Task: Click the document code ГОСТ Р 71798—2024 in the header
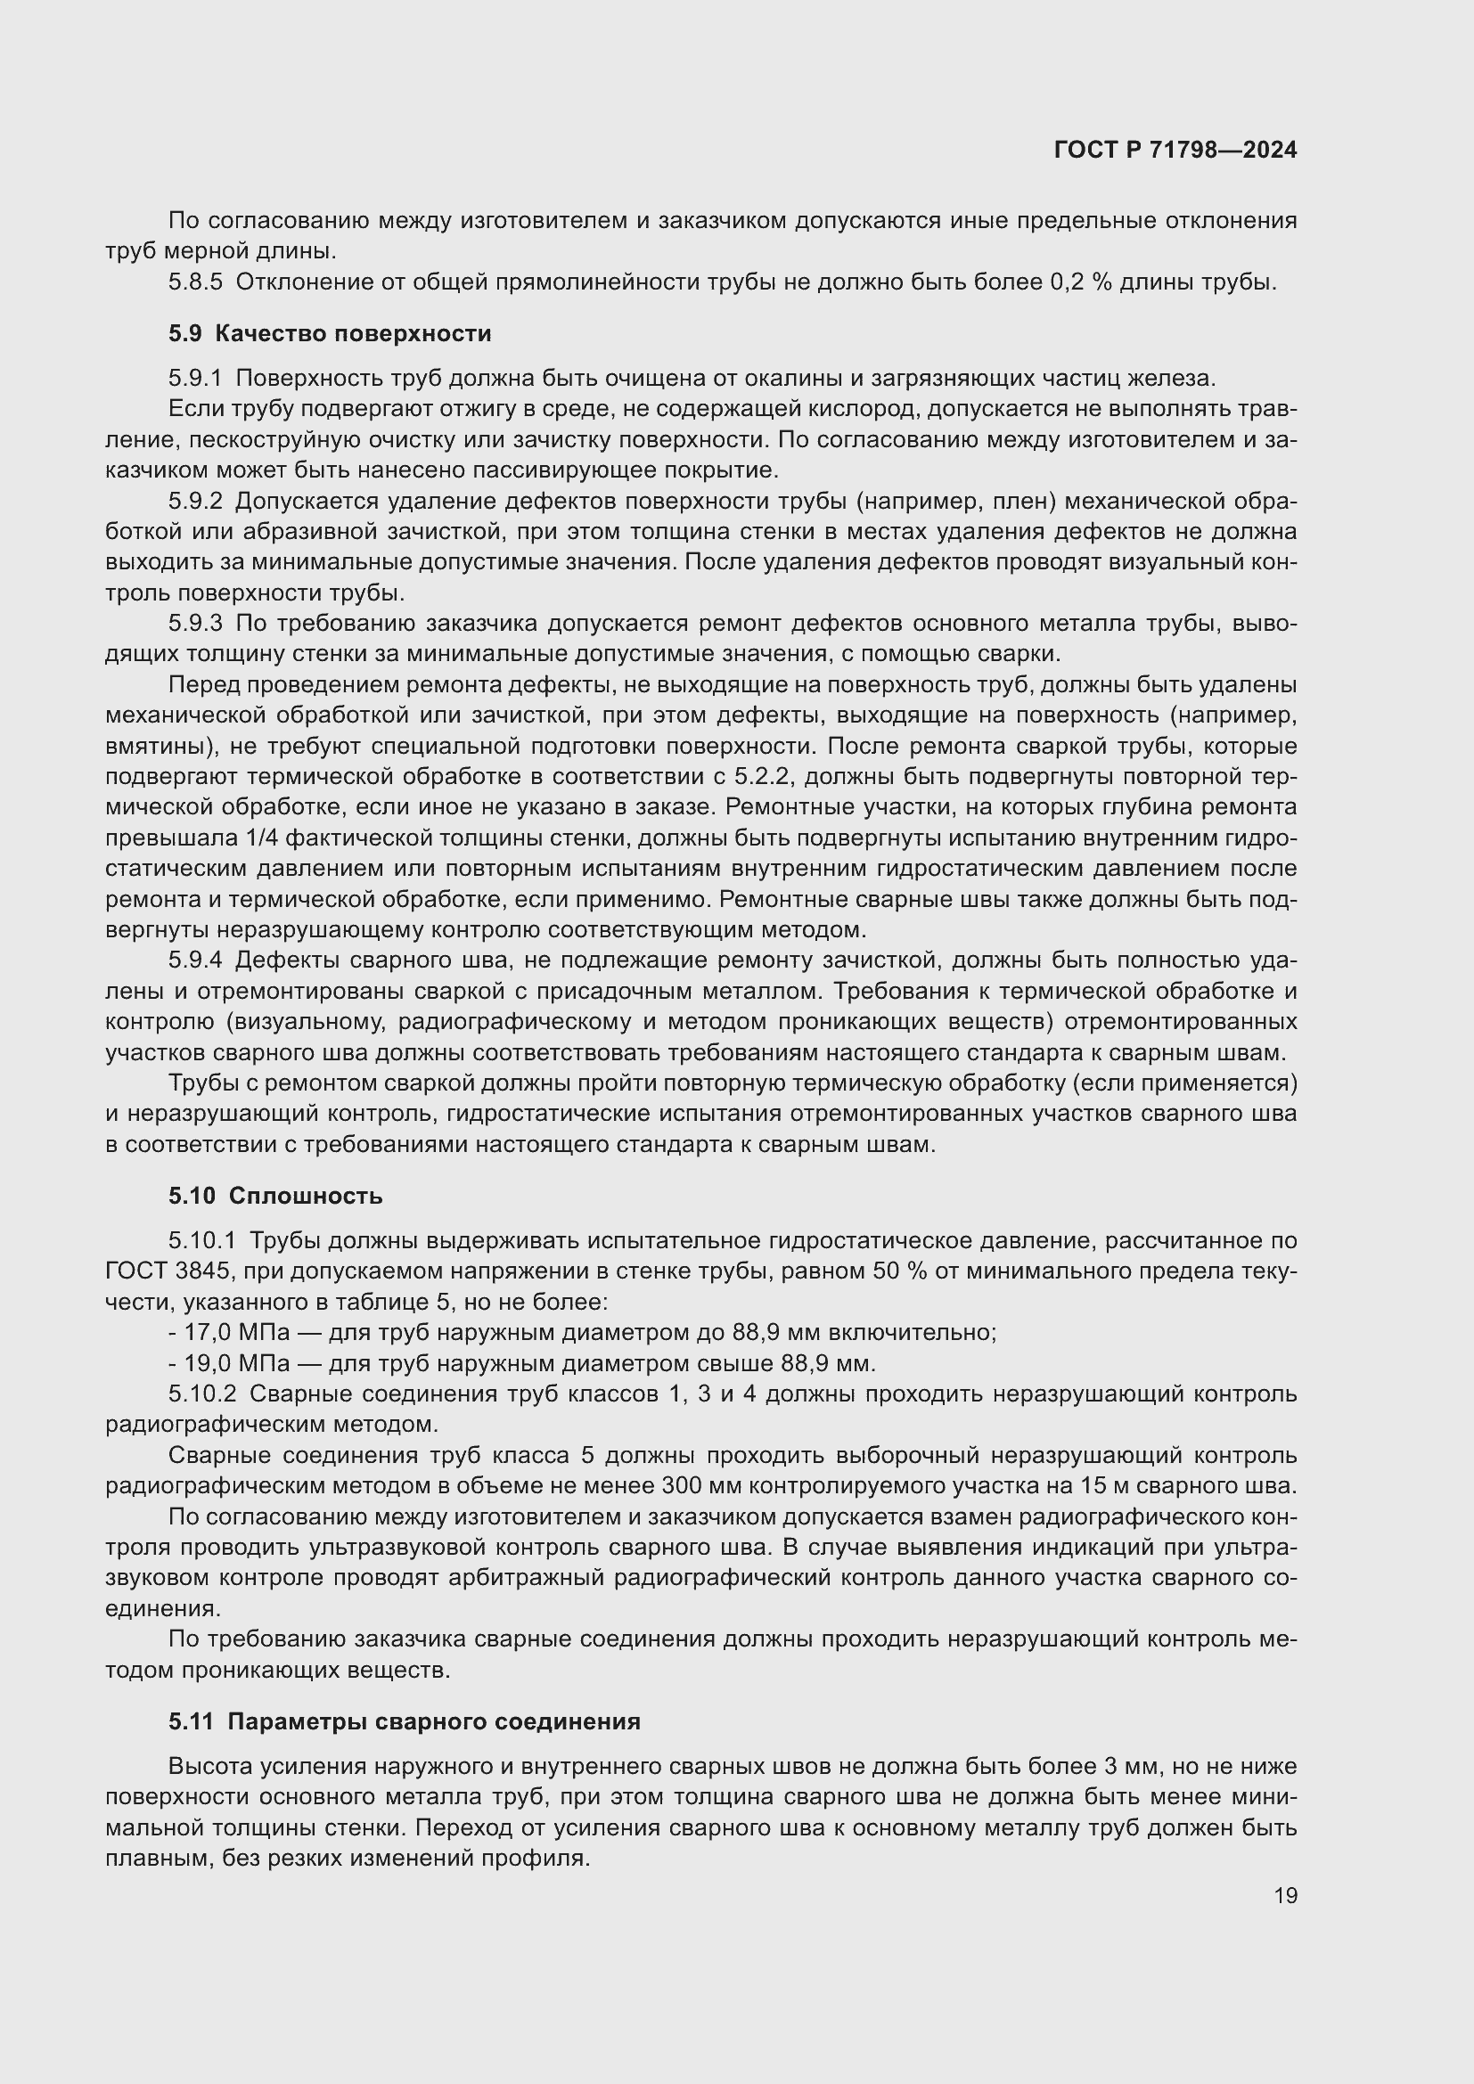(1175, 151)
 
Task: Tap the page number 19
(1285, 1895)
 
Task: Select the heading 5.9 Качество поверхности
(330, 333)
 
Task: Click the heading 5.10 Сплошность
(275, 1196)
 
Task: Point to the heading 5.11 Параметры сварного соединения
(404, 1721)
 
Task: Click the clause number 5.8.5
(195, 282)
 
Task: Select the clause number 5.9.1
(195, 379)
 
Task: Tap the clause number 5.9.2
(195, 501)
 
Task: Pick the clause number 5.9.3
(195, 624)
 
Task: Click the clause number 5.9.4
(195, 960)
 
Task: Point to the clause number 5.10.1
(201, 1240)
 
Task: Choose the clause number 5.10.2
(201, 1393)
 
